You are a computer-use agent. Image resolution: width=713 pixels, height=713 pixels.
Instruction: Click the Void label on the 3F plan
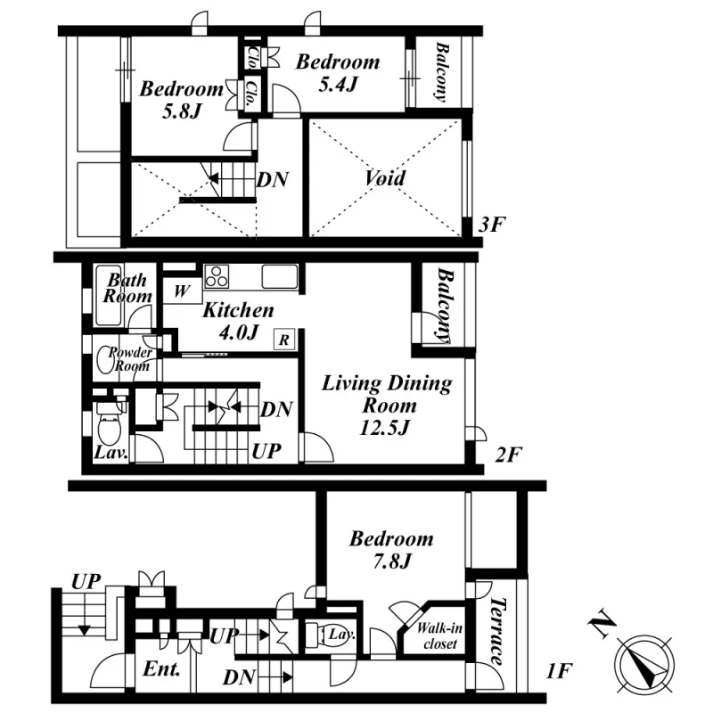385,177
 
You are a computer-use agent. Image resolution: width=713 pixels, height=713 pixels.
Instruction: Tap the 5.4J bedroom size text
338,84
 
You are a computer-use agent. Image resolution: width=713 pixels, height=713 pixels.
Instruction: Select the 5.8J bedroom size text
182,111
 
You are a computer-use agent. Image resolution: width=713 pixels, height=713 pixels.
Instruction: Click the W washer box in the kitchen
182,291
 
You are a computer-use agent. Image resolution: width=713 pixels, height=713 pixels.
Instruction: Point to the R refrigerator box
284,340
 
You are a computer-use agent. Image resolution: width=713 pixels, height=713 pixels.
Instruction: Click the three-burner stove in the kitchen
217,276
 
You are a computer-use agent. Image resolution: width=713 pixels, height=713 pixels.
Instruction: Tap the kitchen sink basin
280,276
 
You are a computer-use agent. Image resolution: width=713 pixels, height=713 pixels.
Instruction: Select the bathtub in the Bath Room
109,296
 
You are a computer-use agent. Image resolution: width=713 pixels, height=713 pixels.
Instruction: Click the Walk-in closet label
439,636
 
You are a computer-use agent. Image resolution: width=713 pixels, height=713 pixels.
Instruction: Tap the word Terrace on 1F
496,632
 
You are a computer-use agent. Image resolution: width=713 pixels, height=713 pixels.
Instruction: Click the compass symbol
643,664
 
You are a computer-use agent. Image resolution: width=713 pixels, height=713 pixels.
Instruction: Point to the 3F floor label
492,225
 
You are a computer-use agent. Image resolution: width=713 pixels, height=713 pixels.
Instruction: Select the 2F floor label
508,455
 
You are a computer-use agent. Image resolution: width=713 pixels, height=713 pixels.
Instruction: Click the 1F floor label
559,671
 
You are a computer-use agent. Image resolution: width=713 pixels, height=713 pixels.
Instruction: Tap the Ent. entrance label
161,668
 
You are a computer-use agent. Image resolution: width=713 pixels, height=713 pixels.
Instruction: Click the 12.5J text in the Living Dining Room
385,428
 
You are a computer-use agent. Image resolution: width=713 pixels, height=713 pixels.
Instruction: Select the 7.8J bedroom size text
392,561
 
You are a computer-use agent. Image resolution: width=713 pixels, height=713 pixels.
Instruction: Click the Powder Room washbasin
104,360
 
